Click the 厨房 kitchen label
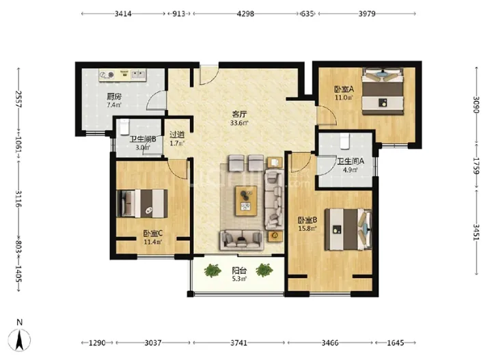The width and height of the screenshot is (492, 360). pos(114,96)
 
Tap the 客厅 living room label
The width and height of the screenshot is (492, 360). pos(239,114)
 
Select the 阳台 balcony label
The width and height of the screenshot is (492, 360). pos(239,271)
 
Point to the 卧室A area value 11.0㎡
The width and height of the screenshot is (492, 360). pos(344,98)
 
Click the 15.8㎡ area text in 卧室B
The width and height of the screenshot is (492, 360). pos(307,228)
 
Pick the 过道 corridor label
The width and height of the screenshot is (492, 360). pos(177,135)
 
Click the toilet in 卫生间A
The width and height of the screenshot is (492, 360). pos(344,141)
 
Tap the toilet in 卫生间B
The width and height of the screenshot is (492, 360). pos(124,126)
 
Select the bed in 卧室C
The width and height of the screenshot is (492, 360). pos(142,204)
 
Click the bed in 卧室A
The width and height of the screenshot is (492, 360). pos(383,91)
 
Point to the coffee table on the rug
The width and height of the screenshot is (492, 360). pos(246,201)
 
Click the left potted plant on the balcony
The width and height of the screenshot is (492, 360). pos(213,271)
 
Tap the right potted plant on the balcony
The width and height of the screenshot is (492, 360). pos(264,270)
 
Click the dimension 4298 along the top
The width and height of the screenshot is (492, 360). pos(246,14)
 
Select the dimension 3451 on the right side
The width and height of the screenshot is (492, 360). pos(476,232)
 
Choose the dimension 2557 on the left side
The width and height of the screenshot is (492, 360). pos(18,100)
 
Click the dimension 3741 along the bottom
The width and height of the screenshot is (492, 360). pos(239,343)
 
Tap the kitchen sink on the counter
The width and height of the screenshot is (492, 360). pos(138,74)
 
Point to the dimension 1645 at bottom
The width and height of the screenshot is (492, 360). pos(396,343)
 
